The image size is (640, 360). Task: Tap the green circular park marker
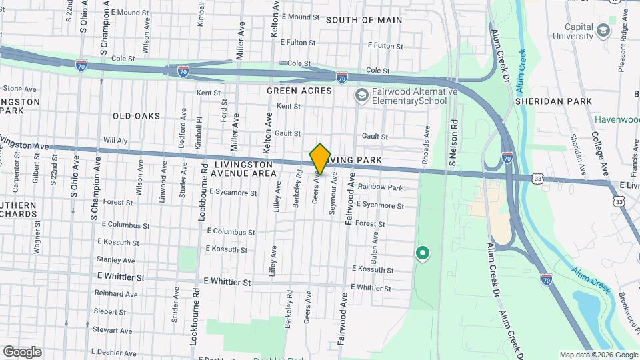coord(421,253)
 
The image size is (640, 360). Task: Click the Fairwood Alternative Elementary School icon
coord(361,96)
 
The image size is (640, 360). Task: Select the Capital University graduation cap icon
coord(603,31)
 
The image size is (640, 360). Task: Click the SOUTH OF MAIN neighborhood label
coord(364,20)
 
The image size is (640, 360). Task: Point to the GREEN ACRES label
coord(299,90)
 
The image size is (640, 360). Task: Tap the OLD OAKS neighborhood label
coord(136,116)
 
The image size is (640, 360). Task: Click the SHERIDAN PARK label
coord(553,101)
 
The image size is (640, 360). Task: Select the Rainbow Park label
coord(380,187)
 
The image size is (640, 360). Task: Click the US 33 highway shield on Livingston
coord(538,179)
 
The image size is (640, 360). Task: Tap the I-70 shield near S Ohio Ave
coord(80,66)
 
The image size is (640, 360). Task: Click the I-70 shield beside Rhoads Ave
coord(507,158)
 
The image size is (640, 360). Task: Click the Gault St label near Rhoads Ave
coord(375,136)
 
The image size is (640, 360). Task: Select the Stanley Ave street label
coord(115,260)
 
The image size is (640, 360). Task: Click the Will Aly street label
coord(115,141)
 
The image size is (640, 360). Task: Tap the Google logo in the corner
coord(22,352)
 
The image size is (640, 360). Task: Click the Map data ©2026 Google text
coord(598,355)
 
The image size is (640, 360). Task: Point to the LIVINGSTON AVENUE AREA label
coord(244,168)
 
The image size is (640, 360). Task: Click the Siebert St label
coord(110,311)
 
